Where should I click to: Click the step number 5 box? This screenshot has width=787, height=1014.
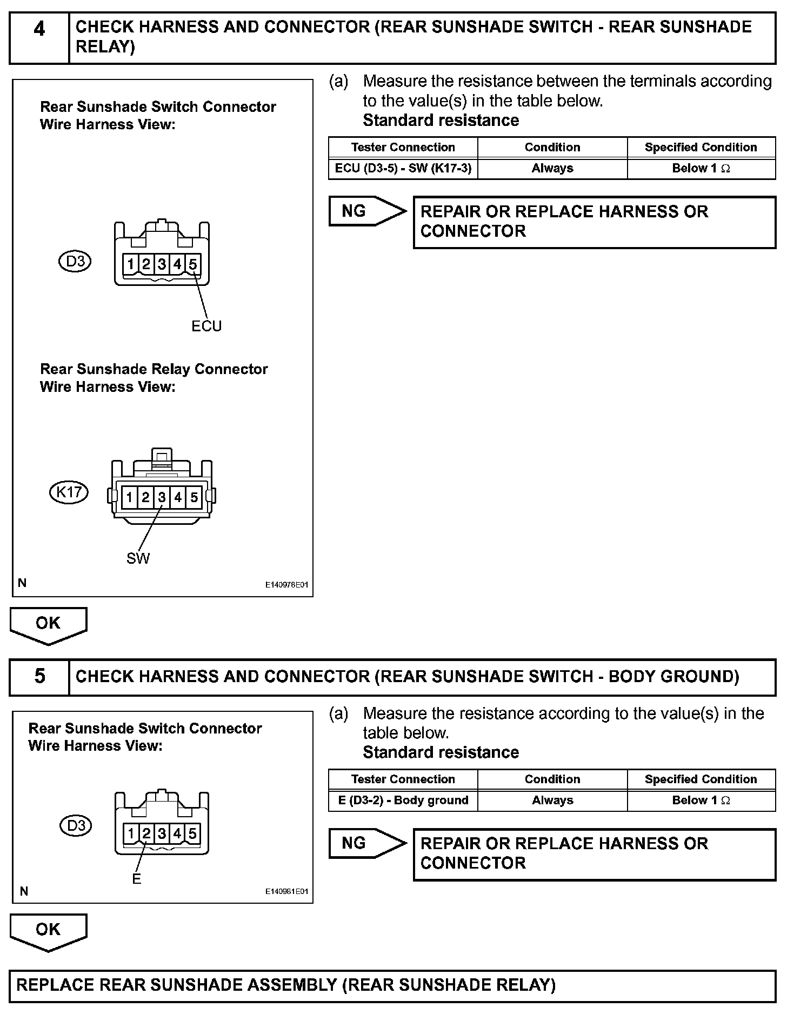point(39,677)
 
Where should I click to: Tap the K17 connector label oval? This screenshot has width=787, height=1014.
point(69,492)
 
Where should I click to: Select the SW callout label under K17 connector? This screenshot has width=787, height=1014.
point(138,558)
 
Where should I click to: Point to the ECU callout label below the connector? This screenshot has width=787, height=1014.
point(206,326)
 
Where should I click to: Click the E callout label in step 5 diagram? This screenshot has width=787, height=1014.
point(136,879)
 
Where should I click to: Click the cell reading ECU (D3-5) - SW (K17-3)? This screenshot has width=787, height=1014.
point(403,169)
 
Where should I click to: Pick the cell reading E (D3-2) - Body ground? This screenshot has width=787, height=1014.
point(403,800)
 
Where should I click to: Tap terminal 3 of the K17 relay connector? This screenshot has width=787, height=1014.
point(162,497)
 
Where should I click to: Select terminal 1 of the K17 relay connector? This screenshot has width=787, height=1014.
point(130,497)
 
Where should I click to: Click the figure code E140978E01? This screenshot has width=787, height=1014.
point(286,585)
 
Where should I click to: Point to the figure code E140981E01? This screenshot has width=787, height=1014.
point(286,891)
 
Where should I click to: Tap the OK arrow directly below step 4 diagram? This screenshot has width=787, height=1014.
point(48,624)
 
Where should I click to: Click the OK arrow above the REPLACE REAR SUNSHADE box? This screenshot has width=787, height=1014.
point(48,931)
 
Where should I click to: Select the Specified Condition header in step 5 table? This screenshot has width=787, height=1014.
point(701,779)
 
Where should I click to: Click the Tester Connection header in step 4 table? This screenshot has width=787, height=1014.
point(403,147)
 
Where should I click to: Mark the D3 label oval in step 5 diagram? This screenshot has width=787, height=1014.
point(76,826)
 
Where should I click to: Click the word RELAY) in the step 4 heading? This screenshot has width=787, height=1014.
point(105,48)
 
